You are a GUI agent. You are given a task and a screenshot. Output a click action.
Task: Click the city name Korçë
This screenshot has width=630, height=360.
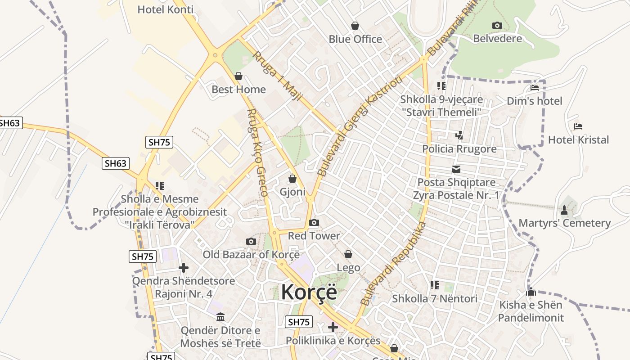pyautogui.click(x=309, y=292)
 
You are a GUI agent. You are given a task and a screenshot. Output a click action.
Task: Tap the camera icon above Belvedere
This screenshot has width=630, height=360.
pyautogui.click(x=497, y=25)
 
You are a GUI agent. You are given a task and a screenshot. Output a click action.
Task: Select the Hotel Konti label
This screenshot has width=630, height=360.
pyautogui.click(x=165, y=9)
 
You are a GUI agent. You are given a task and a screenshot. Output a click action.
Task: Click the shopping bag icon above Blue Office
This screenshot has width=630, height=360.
pyautogui.click(x=355, y=26)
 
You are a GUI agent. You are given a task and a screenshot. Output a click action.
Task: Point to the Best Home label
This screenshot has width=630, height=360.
pyautogui.click(x=238, y=89)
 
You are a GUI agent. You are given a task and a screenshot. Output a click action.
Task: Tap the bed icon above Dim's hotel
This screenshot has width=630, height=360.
pyautogui.click(x=535, y=87)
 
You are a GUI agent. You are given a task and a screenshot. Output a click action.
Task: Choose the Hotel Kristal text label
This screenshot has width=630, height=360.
pyautogui.click(x=578, y=140)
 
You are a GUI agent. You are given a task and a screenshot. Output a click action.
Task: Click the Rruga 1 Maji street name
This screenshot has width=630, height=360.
pyautogui.click(x=276, y=76)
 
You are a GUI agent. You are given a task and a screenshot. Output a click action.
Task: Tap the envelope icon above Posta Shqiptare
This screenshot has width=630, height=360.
pyautogui.click(x=456, y=169)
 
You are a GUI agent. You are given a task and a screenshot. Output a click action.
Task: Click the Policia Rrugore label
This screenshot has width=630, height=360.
pyautogui.click(x=459, y=149)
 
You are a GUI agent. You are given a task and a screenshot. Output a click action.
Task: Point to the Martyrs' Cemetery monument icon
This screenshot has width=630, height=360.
pyautogui.click(x=564, y=210)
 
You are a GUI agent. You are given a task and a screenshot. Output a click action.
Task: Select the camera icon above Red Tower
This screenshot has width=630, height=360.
pyautogui.click(x=314, y=222)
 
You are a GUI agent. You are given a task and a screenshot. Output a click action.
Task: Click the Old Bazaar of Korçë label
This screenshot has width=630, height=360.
pyautogui.click(x=251, y=254)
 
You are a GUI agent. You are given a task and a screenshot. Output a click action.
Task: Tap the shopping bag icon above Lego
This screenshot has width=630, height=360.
pyautogui.click(x=348, y=254)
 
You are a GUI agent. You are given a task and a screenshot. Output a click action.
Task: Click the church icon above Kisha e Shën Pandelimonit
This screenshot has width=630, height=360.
pyautogui.click(x=531, y=292)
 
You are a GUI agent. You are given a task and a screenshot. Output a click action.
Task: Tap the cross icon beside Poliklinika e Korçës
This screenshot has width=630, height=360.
pyautogui.click(x=333, y=327)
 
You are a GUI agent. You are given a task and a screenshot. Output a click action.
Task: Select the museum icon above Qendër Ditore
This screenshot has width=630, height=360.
pyautogui.click(x=220, y=317)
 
